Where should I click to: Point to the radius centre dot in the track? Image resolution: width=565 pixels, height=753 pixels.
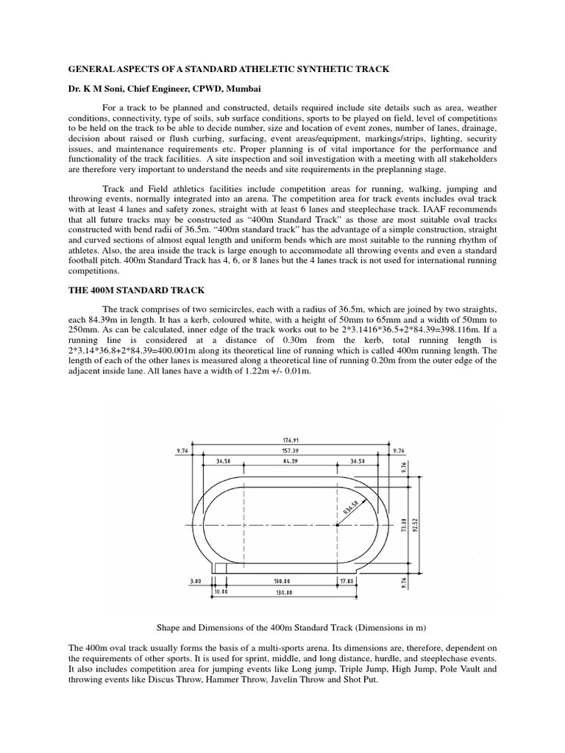336,525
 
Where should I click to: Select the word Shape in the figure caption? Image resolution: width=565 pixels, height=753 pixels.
170,627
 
